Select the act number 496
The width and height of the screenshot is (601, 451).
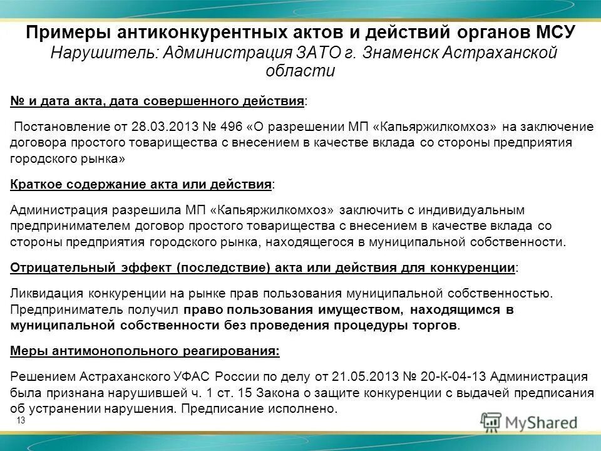pos(229,127)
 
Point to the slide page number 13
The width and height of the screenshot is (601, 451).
pos(21,420)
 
